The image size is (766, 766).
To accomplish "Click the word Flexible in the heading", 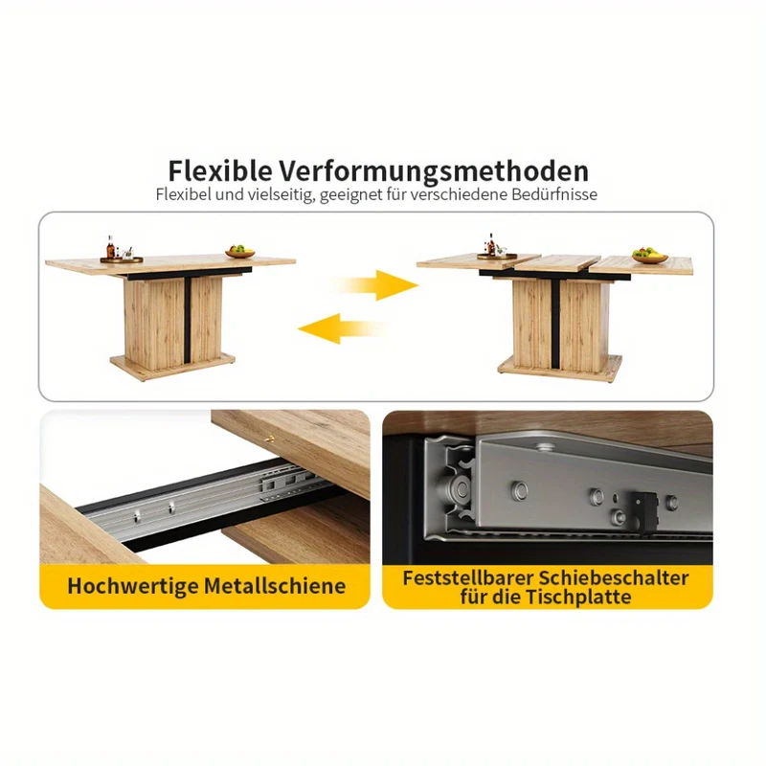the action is point(220,171).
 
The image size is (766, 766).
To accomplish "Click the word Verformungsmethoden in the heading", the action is point(434,171).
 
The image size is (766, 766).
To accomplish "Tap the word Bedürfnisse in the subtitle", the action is point(554,194).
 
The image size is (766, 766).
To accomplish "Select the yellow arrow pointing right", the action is point(376,284).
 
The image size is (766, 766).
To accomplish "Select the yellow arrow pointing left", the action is point(341,328).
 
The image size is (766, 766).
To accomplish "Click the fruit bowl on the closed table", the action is point(240,252).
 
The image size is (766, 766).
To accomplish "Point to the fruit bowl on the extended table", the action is point(650,256).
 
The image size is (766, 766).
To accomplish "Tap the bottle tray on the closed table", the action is point(122,259).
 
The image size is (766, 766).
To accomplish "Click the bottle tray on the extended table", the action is point(497,256).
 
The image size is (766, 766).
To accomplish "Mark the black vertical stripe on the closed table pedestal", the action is point(187,320).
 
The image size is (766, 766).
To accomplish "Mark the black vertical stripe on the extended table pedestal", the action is point(555,324).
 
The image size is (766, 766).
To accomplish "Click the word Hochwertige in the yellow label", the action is point(132,586).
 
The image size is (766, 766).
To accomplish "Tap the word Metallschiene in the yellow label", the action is point(275,585).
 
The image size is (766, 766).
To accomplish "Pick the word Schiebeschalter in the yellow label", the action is point(613,577).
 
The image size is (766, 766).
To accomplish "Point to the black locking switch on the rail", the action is point(643,509).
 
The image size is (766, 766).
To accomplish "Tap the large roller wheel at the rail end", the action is point(458,488).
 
